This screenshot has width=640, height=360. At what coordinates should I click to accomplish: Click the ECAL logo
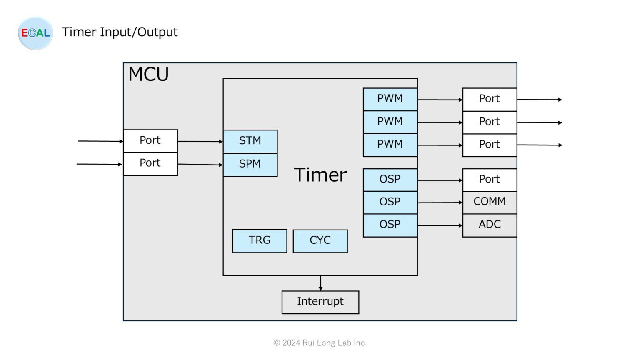coord(35,33)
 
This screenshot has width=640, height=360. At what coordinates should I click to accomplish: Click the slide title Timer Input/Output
coord(120,32)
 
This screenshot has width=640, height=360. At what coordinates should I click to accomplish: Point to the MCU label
coord(148,75)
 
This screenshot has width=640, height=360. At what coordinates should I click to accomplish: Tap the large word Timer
coord(320,175)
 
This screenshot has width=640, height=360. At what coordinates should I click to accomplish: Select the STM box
coord(250,141)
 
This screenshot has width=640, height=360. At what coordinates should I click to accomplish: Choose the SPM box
coord(250,165)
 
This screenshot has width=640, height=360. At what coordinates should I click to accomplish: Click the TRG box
coord(260,241)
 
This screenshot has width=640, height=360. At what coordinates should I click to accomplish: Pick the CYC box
coord(320,241)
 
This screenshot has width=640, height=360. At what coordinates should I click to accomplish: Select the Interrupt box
coord(320,302)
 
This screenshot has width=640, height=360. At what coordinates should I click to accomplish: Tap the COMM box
coord(490,202)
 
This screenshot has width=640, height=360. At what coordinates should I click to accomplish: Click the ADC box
coord(490,225)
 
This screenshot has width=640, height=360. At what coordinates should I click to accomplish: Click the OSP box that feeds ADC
coord(390,225)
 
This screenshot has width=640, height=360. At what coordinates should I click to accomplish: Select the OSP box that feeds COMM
coord(390,202)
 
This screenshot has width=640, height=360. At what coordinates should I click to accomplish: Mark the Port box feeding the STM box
coord(150,141)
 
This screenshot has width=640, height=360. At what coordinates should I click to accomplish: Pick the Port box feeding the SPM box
coord(150,164)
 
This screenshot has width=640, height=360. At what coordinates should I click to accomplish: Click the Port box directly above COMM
coord(490,180)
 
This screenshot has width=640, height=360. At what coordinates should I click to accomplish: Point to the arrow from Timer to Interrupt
coord(320,283)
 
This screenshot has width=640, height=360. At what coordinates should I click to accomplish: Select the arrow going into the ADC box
coord(440,225)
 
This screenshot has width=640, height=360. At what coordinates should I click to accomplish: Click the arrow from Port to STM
coord(200,142)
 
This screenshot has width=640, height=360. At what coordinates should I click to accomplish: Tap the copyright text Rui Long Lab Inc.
coord(320,343)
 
